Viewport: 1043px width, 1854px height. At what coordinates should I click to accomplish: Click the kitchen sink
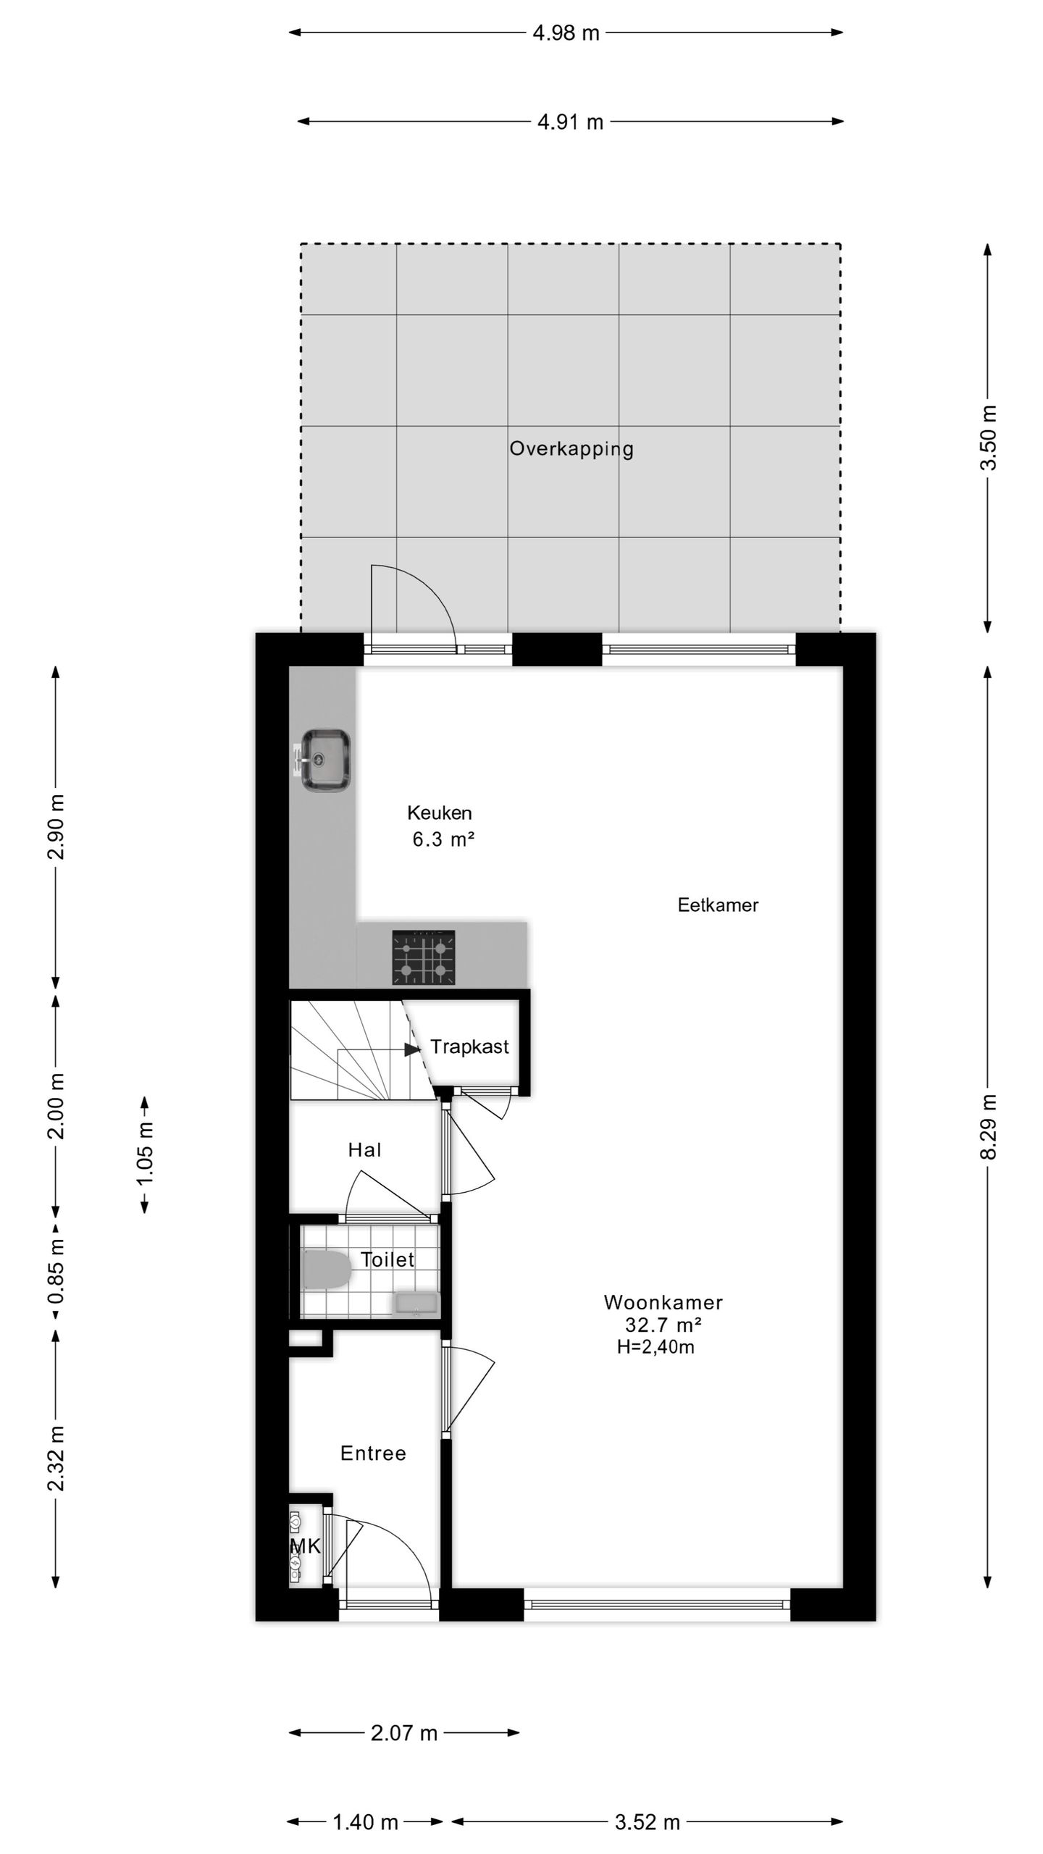tap(325, 760)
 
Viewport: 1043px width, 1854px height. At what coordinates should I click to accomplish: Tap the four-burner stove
tap(424, 957)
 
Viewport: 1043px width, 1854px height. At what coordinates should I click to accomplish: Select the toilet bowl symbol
tap(325, 1270)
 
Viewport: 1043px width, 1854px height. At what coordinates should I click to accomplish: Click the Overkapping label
tap(571, 449)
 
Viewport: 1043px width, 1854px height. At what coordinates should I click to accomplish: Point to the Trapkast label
tap(469, 1046)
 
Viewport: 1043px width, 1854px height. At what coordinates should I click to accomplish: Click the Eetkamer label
tap(718, 905)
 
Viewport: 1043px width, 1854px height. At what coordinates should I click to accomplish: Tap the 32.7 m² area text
tap(663, 1325)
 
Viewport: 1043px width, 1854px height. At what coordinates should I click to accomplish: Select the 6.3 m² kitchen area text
tap(443, 840)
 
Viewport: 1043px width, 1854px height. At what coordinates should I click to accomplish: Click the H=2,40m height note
tap(655, 1347)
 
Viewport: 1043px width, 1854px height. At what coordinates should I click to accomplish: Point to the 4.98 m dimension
tap(566, 33)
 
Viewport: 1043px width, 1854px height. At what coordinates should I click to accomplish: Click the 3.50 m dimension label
tap(989, 438)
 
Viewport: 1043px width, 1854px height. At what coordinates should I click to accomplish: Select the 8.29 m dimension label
tap(989, 1126)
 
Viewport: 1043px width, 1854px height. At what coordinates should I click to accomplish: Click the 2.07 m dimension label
tap(404, 1733)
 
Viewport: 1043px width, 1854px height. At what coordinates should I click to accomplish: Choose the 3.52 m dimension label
tap(648, 1822)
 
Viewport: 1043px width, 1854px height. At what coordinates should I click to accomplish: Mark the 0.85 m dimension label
tap(56, 1271)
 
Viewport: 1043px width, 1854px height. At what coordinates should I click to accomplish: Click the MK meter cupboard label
tap(305, 1547)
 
